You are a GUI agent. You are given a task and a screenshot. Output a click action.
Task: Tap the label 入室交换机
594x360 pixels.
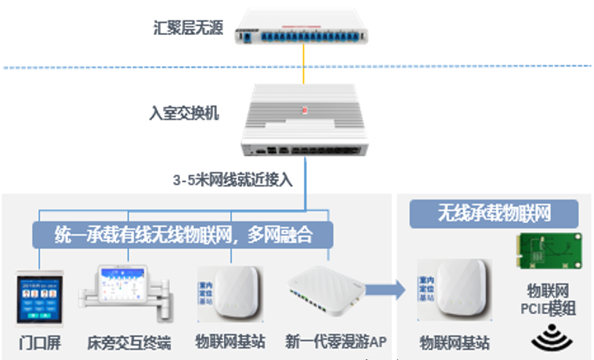[x=183, y=114]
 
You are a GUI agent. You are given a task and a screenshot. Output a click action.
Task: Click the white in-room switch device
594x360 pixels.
[x=303, y=121]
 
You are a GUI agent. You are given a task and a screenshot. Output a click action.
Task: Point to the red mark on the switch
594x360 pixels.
[x=305, y=110]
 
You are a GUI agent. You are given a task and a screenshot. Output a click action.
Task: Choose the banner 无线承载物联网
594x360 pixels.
[x=493, y=213]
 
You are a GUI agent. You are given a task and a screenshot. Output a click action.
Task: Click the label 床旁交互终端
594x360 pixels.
[x=129, y=342]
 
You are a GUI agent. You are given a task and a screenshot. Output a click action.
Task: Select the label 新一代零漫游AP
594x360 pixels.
[x=330, y=341]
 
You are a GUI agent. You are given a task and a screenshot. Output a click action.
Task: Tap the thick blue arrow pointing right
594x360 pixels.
[x=384, y=289]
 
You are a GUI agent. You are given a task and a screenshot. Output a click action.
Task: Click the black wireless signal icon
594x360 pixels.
[x=550, y=338]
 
